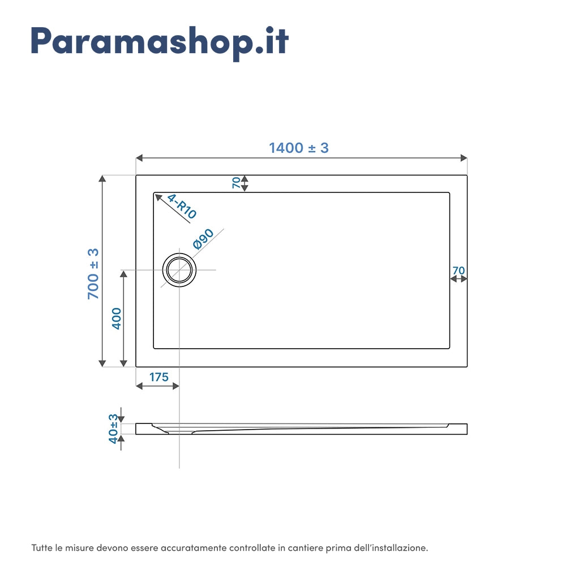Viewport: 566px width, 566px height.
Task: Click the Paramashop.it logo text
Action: click(x=160, y=41)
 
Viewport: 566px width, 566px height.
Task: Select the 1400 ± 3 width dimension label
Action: click(x=298, y=148)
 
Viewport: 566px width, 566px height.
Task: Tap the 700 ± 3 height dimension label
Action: click(x=93, y=273)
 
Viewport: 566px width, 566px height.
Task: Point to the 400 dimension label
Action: click(x=117, y=318)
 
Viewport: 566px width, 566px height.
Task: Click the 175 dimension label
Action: click(x=159, y=377)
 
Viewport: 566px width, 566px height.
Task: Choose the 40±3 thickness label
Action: click(x=114, y=428)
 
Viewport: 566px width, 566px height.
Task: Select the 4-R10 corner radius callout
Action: click(x=182, y=207)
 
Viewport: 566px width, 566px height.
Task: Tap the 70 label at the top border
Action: click(x=235, y=183)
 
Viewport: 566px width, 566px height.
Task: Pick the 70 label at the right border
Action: click(x=458, y=271)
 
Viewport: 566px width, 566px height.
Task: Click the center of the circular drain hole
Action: click(x=179, y=270)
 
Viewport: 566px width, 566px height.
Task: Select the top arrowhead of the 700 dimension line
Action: click(x=102, y=179)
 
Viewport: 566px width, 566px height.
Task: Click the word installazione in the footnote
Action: click(x=399, y=548)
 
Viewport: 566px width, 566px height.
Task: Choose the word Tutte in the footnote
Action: click(x=42, y=548)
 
